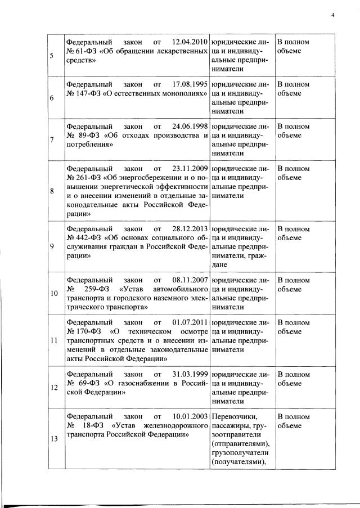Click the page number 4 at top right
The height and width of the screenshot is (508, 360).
click(x=332, y=15)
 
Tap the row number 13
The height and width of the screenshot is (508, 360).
click(x=53, y=440)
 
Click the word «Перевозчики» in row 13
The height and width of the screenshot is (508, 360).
click(x=234, y=417)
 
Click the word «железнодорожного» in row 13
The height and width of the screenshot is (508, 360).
click(x=174, y=426)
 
